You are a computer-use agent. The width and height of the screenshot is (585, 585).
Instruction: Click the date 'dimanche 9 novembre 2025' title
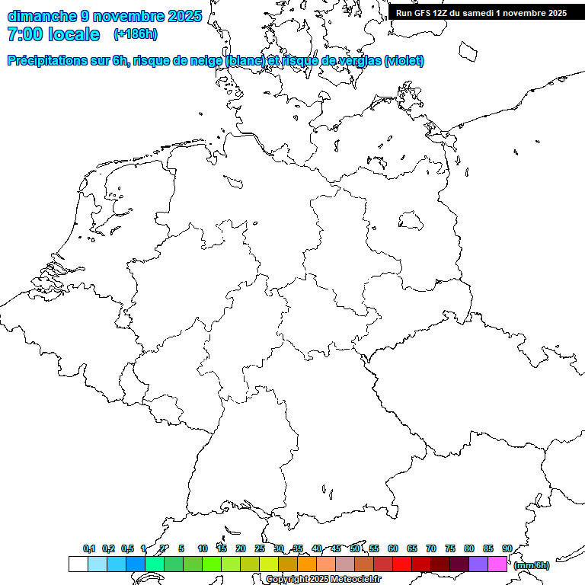(104, 15)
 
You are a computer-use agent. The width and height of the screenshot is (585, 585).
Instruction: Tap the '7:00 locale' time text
(53, 34)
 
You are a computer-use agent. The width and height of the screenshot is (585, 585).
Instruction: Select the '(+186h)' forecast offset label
(135, 34)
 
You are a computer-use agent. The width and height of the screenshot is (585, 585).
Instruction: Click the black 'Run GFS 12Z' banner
(481, 13)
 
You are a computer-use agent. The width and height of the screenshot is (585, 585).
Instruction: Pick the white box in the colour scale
(78, 564)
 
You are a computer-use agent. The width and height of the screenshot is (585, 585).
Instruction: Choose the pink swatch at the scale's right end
(497, 564)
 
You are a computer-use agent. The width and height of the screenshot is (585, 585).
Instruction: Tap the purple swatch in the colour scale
(478, 564)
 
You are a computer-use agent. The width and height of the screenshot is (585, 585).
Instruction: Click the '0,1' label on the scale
(89, 548)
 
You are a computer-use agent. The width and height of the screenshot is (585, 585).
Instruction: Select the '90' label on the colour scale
(507, 548)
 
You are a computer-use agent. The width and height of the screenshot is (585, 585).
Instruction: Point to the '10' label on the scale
(202, 548)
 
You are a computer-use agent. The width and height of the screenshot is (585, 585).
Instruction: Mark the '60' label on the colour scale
(393, 548)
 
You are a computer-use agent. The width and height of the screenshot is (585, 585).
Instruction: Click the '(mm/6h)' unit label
(532, 565)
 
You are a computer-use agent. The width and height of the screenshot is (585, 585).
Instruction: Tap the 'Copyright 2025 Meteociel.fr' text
(323, 580)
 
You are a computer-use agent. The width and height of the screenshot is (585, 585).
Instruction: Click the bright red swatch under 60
(402, 564)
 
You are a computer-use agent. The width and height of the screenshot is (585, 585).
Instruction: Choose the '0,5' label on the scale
(127, 548)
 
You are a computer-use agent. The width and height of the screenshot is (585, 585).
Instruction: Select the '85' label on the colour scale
(488, 548)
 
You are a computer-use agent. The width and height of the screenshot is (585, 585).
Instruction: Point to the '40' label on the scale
(317, 548)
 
